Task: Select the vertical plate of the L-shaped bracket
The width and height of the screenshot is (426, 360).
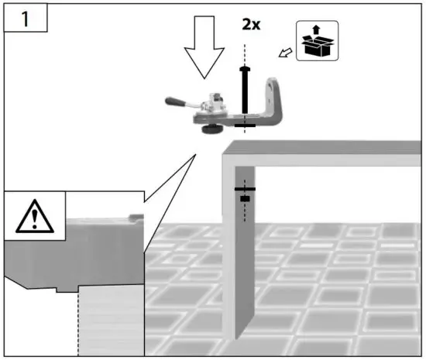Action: pos(273,96)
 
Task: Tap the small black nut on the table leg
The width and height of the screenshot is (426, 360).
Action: pos(246,199)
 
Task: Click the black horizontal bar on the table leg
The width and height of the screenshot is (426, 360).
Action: pos(246,189)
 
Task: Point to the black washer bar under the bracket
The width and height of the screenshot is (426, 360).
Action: pos(246,124)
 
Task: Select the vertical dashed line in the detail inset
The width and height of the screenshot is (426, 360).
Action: pos(78,325)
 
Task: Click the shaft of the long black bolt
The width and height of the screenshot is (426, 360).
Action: pos(246,97)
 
